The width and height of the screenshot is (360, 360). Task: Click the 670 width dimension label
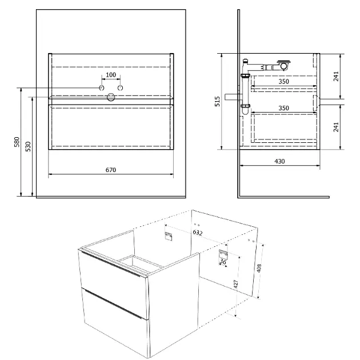[x=111, y=170]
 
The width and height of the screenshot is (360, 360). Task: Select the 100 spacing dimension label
[x=111, y=75]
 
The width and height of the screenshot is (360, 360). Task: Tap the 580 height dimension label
[x=17, y=142]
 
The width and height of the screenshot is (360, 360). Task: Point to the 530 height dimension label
[x=28, y=146]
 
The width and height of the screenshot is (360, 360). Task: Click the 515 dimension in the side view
[x=217, y=101]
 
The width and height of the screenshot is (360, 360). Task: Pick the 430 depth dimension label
[x=279, y=161]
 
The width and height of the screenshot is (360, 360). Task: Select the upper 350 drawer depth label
[x=284, y=82]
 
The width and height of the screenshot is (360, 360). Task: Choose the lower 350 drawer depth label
[x=284, y=108]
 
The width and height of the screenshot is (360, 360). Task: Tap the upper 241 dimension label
[x=336, y=76]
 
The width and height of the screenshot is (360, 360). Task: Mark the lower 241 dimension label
[x=336, y=127]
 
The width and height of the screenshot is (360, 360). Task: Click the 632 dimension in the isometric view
[x=198, y=233]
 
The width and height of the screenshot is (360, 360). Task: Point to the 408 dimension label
[x=259, y=268]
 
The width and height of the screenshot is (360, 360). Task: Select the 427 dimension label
[x=236, y=284]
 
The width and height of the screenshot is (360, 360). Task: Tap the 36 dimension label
[x=222, y=262]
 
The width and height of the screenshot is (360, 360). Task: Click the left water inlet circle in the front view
[x=102, y=87]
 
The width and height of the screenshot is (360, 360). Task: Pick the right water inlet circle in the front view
[x=120, y=87]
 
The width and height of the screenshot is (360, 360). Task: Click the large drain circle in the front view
[x=111, y=97]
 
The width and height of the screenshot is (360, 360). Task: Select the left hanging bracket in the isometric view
[x=169, y=237]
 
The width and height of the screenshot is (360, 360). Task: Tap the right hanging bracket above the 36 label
[x=223, y=254]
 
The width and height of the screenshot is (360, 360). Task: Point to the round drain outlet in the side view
[x=284, y=66]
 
